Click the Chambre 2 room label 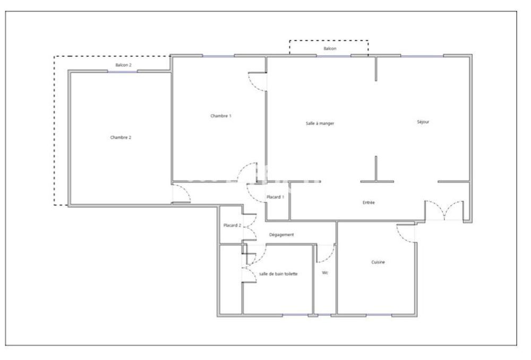click(121, 137)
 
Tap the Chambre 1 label click(221, 116)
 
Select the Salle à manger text click(320, 123)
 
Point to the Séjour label click(423, 122)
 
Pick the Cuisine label click(378, 262)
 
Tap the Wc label click(325, 273)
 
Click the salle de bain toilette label click(278, 274)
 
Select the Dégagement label click(281, 235)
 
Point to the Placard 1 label click(276, 197)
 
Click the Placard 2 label click(232, 226)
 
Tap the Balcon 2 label click(123, 65)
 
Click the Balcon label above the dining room click(330, 48)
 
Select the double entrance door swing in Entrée click(444, 211)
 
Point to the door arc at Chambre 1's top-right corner click(257, 82)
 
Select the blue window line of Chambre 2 click(123, 71)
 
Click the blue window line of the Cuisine click(379, 315)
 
